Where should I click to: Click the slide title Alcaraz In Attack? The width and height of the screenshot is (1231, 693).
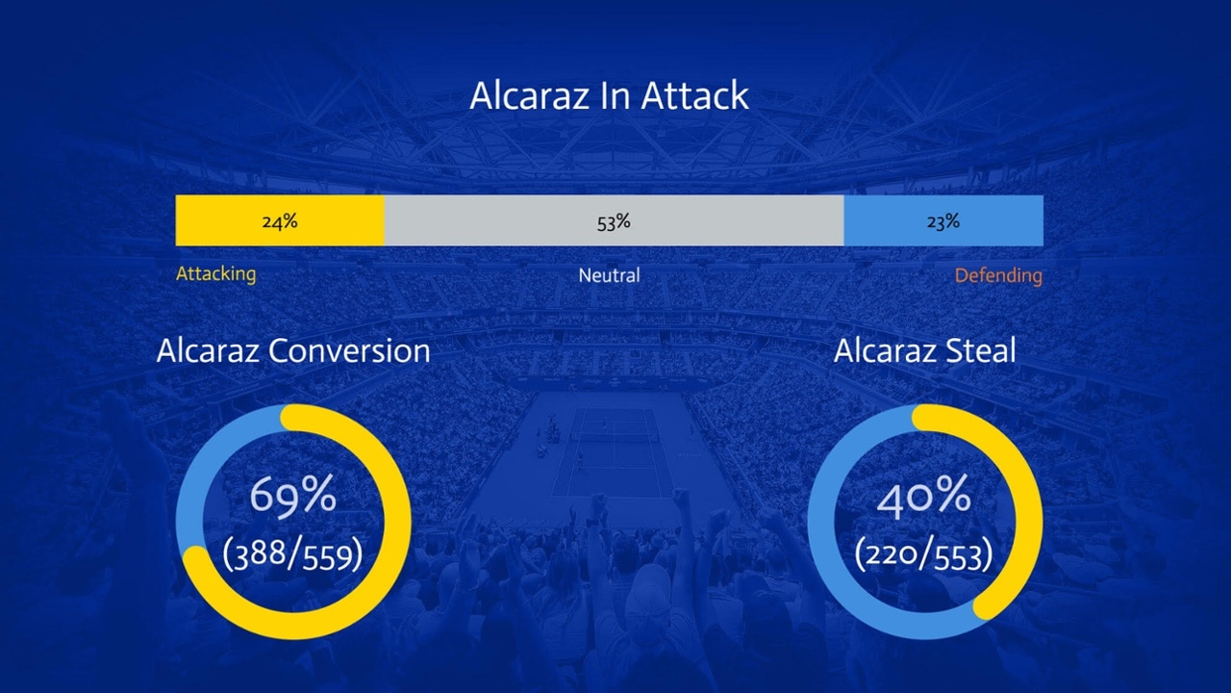tap(609, 96)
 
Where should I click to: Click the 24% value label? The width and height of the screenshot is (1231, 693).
tap(280, 221)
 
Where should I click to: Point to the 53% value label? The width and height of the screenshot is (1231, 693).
tap(614, 222)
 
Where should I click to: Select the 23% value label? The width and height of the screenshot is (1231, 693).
tap(943, 221)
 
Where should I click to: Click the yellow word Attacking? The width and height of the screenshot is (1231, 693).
tap(216, 274)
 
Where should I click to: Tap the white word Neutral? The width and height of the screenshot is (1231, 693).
tap(609, 275)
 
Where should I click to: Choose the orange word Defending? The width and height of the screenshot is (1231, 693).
tap(998, 275)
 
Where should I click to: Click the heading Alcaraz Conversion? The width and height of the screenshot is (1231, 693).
tap(293, 350)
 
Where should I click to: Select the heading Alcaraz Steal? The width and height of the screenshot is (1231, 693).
tap(924, 350)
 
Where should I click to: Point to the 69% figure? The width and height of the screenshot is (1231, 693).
tap(293, 496)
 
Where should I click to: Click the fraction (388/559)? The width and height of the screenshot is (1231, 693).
tap(293, 553)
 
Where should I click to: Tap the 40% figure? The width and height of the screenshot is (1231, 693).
tap(924, 496)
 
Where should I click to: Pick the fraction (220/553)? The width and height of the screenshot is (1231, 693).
tap(924, 553)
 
